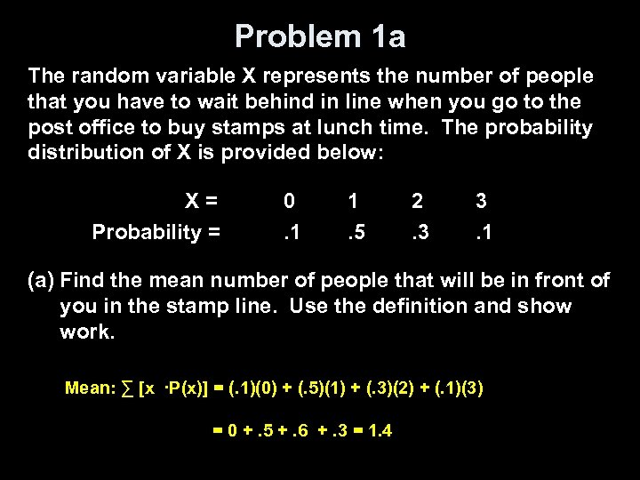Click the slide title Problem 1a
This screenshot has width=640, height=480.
pos(320,36)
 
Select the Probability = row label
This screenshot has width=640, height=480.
pos(156,233)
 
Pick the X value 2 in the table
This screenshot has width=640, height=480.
pos(417,201)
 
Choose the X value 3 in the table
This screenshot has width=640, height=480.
pos(481,201)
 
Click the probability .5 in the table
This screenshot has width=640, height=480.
pos(356,233)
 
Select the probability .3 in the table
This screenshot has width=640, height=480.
pos(419,233)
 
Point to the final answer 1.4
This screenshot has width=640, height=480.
pos(380,431)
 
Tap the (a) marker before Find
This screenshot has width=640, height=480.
pos(42,281)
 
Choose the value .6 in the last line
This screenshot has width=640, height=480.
pos(296,431)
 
